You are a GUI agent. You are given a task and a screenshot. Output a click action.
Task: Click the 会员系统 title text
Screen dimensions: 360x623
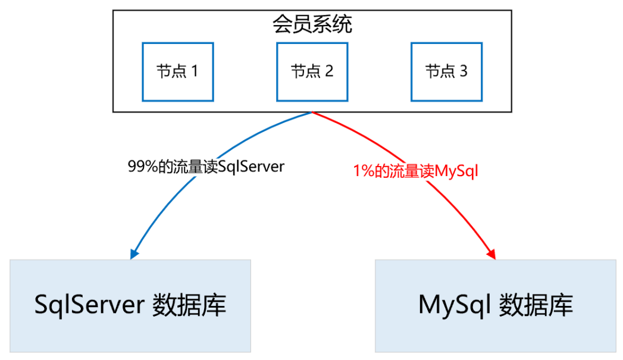click(312, 25)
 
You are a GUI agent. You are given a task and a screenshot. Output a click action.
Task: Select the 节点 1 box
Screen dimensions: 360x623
click(177, 71)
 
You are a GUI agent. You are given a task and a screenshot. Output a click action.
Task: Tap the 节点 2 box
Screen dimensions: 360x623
click(312, 71)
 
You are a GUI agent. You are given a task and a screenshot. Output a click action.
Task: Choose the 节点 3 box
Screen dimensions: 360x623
click(446, 71)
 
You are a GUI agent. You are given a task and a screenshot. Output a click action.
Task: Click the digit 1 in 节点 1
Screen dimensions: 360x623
click(193, 72)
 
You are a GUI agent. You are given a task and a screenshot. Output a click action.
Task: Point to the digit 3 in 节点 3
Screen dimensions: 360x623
click(463, 72)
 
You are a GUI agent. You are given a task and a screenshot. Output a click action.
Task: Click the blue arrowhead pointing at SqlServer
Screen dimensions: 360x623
click(134, 253)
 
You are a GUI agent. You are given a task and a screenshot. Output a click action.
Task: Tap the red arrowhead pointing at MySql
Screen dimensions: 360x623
click(491, 253)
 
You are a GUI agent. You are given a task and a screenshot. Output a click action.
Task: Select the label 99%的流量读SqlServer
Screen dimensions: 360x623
click(206, 167)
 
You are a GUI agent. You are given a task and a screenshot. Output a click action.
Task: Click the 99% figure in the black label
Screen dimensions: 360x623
click(140, 167)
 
